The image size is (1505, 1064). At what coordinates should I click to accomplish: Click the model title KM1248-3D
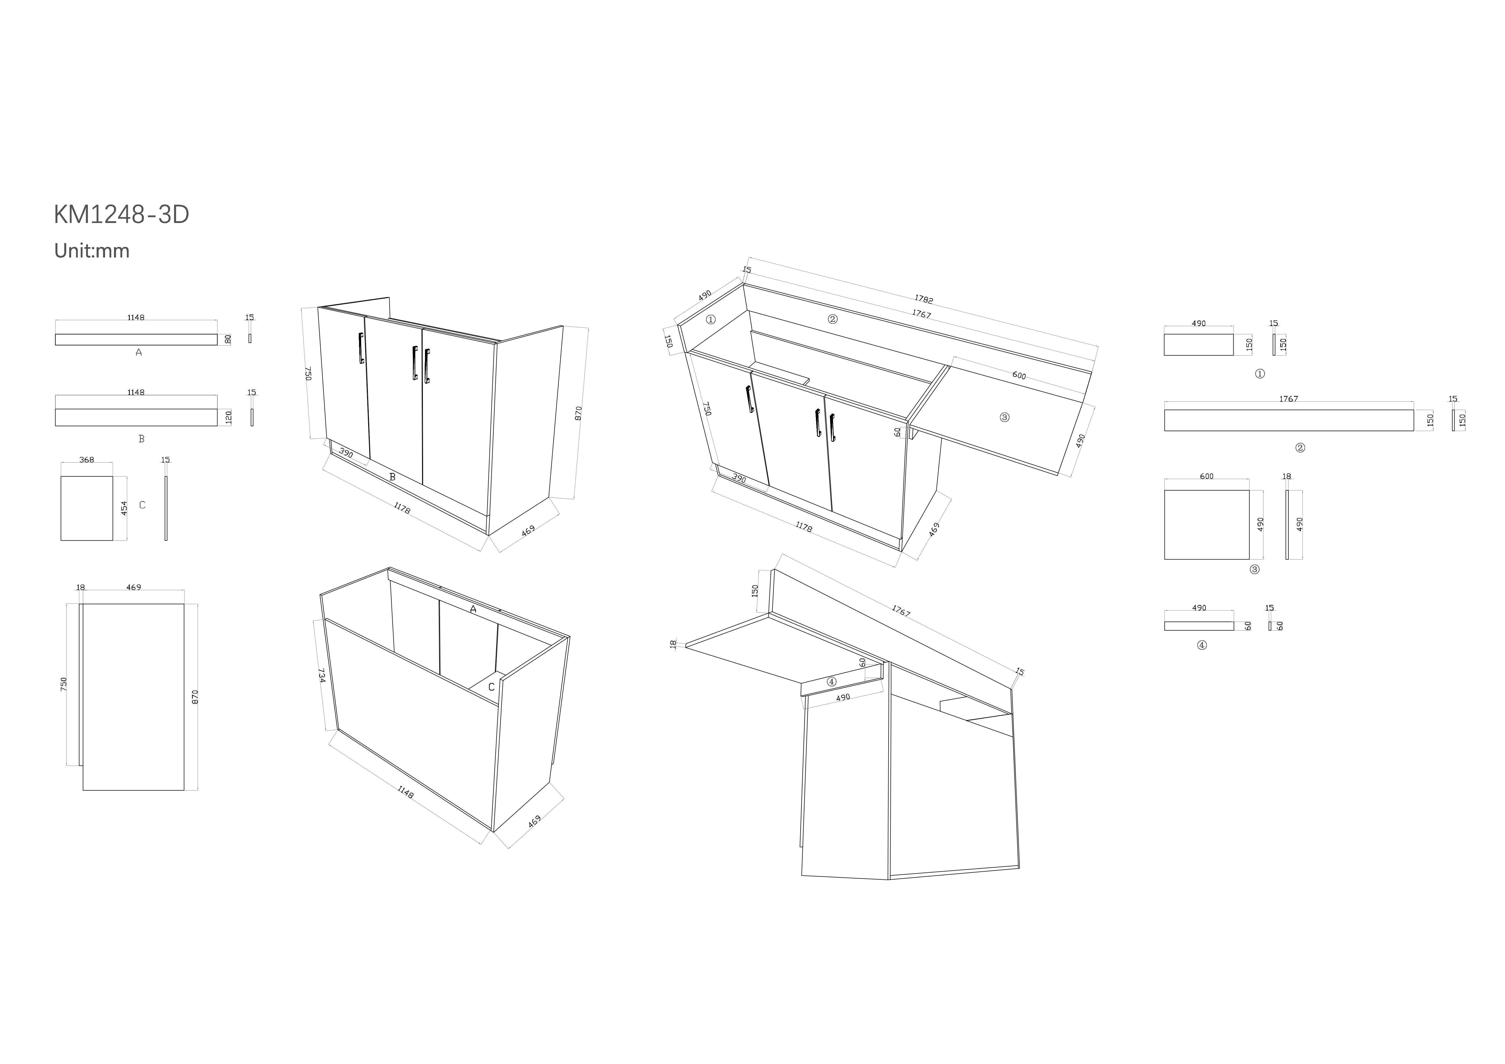click(x=121, y=215)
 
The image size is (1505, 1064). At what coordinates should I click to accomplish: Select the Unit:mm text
click(x=92, y=251)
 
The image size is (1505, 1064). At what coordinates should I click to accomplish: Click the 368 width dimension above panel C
click(x=87, y=460)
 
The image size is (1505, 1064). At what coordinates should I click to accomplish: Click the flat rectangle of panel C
click(x=87, y=509)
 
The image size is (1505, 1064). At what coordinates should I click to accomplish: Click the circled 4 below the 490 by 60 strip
click(x=1201, y=645)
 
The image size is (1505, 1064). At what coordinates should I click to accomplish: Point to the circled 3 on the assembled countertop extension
click(x=1004, y=417)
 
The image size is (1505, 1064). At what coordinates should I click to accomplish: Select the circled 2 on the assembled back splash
click(x=833, y=320)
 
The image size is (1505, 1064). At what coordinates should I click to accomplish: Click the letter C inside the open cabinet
click(x=491, y=687)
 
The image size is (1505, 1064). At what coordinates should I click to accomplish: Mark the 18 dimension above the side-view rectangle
click(x=80, y=588)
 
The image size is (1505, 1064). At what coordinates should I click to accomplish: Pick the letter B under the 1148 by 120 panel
click(x=141, y=439)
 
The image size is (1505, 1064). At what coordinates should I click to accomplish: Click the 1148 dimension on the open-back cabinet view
click(x=405, y=792)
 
